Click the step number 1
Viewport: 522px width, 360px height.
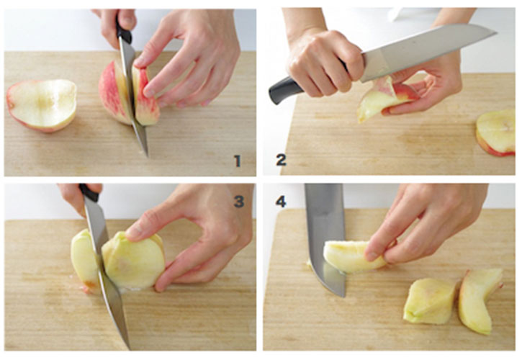click(x=238, y=161)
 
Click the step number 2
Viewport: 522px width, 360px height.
click(x=281, y=160)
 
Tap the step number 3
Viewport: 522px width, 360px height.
click(x=239, y=201)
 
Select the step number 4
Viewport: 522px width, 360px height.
click(x=281, y=201)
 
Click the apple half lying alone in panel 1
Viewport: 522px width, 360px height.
click(x=42, y=105)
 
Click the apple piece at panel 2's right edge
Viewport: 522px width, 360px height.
click(x=496, y=133)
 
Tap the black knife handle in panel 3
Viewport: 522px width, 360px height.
click(x=89, y=192)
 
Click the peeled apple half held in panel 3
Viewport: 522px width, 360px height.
click(x=133, y=261)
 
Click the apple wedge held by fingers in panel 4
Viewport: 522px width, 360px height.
click(x=354, y=256)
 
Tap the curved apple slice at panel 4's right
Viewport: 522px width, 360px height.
click(x=480, y=300)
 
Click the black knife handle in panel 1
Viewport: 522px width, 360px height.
click(x=124, y=32)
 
